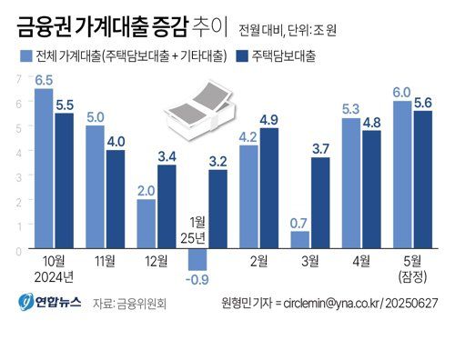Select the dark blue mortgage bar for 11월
(115, 200)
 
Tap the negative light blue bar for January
(198, 260)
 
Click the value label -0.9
(198, 279)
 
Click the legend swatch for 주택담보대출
(240, 56)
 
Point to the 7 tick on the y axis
(18, 79)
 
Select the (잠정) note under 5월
(411, 277)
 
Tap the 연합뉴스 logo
(45, 302)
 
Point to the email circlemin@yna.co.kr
(332, 303)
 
